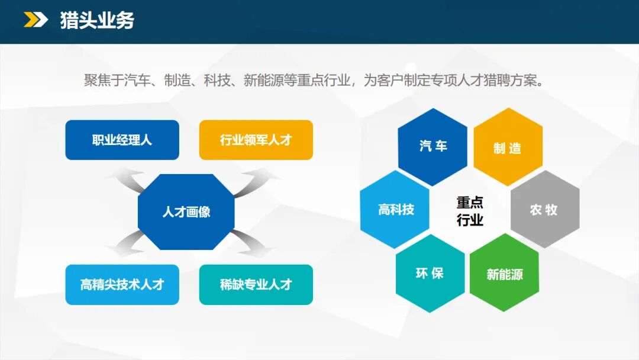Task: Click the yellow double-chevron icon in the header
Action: pyautogui.click(x=36, y=20)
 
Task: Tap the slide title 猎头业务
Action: pyautogui.click(x=97, y=20)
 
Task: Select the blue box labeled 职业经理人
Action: pyautogui.click(x=122, y=140)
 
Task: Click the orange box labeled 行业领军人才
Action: pyautogui.click(x=256, y=140)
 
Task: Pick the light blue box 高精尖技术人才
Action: pyautogui.click(x=122, y=285)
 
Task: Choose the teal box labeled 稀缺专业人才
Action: pyautogui.click(x=256, y=285)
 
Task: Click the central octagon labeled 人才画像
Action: pyautogui.click(x=186, y=212)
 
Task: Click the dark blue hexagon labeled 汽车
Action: pyautogui.click(x=433, y=147)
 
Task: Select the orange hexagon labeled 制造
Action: pyautogui.click(x=508, y=147)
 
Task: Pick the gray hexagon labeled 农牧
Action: pyautogui.click(x=545, y=209)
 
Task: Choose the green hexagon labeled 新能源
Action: pyautogui.click(x=505, y=273)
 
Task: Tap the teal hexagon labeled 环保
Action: pyautogui.click(x=430, y=274)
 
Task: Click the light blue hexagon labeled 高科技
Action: pyautogui.click(x=395, y=209)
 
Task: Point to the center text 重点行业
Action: pyautogui.click(x=470, y=211)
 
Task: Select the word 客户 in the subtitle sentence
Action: pyautogui.click(x=390, y=81)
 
